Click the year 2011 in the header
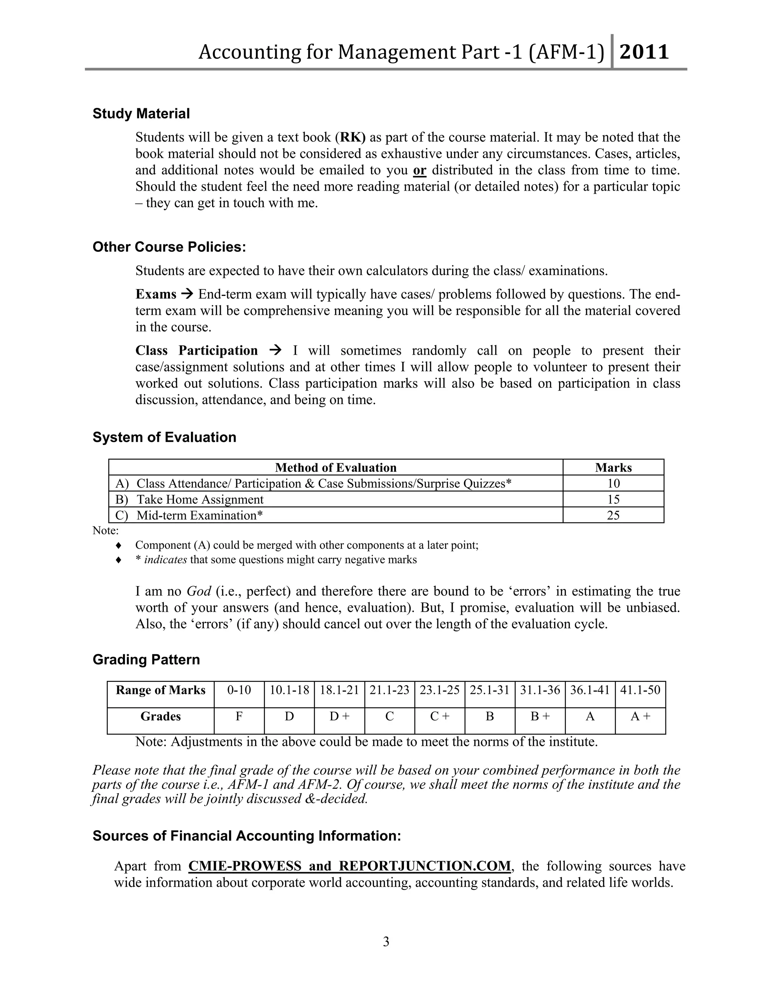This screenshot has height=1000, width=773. pos(644,52)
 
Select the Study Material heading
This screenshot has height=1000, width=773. pos(141,114)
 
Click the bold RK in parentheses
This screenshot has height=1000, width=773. pos(352,137)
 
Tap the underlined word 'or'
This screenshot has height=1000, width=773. pos(419,170)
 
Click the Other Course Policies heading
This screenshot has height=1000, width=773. pos(169,247)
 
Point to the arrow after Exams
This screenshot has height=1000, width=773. pos(187,294)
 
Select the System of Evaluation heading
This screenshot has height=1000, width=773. pos(165,437)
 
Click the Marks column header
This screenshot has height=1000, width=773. pos(613,468)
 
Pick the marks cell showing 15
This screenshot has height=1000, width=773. pos(613,499)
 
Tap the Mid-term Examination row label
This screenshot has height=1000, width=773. pos(200,515)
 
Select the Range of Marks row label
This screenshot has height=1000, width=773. pos(160,690)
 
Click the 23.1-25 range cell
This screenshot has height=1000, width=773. pos(439,690)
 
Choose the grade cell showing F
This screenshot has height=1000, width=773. pos(239,717)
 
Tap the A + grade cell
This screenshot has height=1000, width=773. pos(640,717)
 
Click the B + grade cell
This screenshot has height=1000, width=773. pos(539,717)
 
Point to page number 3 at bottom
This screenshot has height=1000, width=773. pos(386,942)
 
